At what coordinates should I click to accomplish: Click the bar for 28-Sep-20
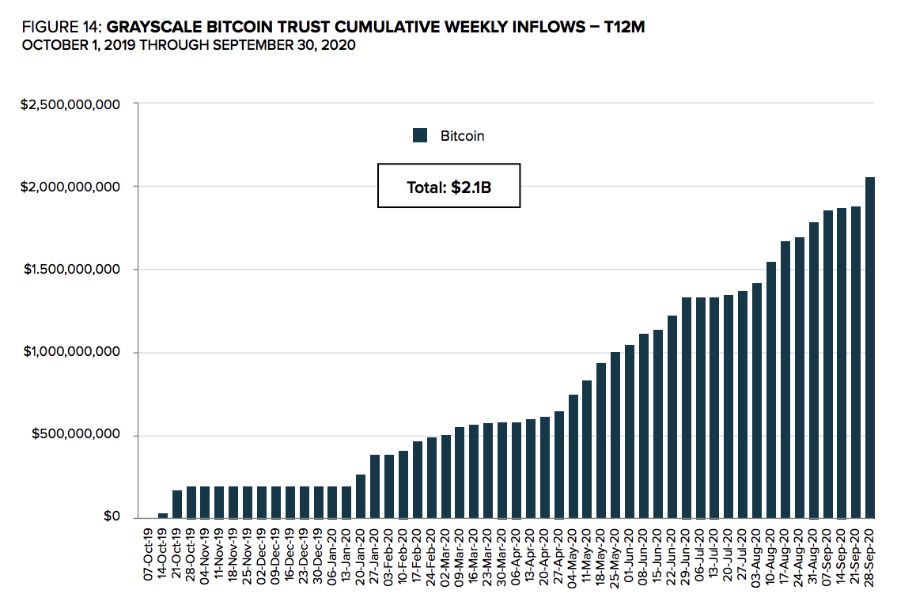click(870, 348)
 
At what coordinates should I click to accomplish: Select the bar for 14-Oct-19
click(163, 515)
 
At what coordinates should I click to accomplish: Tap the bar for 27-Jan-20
click(376, 486)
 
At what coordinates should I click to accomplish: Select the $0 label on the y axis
click(113, 517)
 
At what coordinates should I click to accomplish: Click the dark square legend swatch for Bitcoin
click(420, 136)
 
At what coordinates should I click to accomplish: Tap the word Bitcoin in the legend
click(462, 136)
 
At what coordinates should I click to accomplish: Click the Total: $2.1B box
click(448, 187)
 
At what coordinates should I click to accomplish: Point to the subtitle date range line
click(188, 46)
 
